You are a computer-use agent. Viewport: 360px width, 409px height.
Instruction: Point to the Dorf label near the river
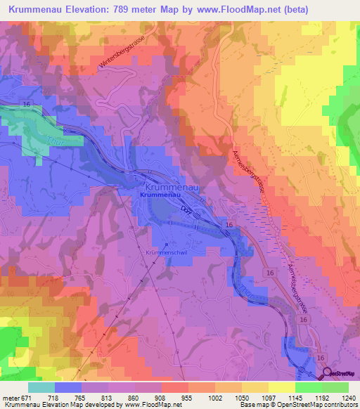pyautogui.click(x=186, y=210)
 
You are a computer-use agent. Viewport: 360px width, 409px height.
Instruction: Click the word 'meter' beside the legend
pyautogui.click(x=11, y=397)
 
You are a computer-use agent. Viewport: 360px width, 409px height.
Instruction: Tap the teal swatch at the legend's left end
pyautogui.click(x=41, y=387)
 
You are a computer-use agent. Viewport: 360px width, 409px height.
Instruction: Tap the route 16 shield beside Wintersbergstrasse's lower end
pyautogui.click(x=26, y=103)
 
